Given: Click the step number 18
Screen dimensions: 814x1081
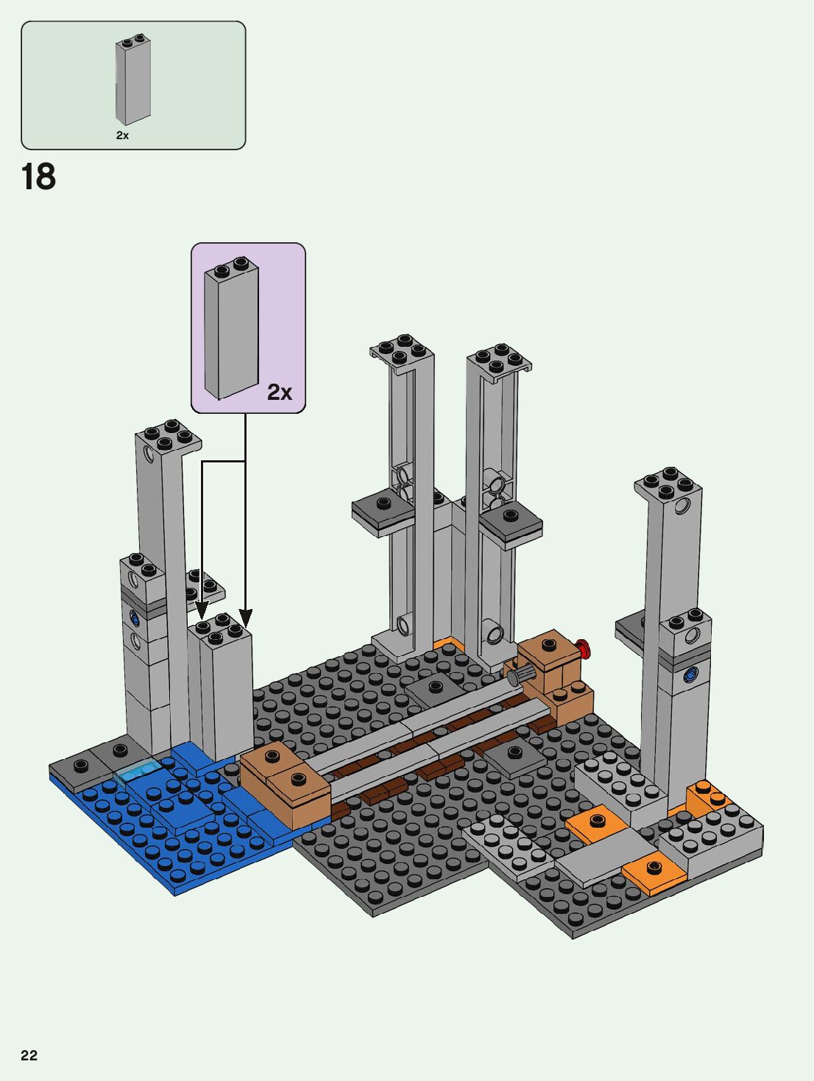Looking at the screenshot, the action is tap(38, 177).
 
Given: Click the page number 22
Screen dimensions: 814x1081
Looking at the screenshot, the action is tap(29, 1055).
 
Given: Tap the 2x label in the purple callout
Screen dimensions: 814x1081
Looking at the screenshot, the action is tap(280, 392).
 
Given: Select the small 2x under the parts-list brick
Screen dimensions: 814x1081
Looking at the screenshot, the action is tap(123, 135).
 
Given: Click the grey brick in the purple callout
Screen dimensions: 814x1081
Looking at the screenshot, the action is tap(231, 328).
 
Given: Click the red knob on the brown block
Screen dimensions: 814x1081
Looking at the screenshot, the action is tap(584, 648).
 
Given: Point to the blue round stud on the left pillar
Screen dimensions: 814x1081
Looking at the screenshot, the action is tap(134, 618).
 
